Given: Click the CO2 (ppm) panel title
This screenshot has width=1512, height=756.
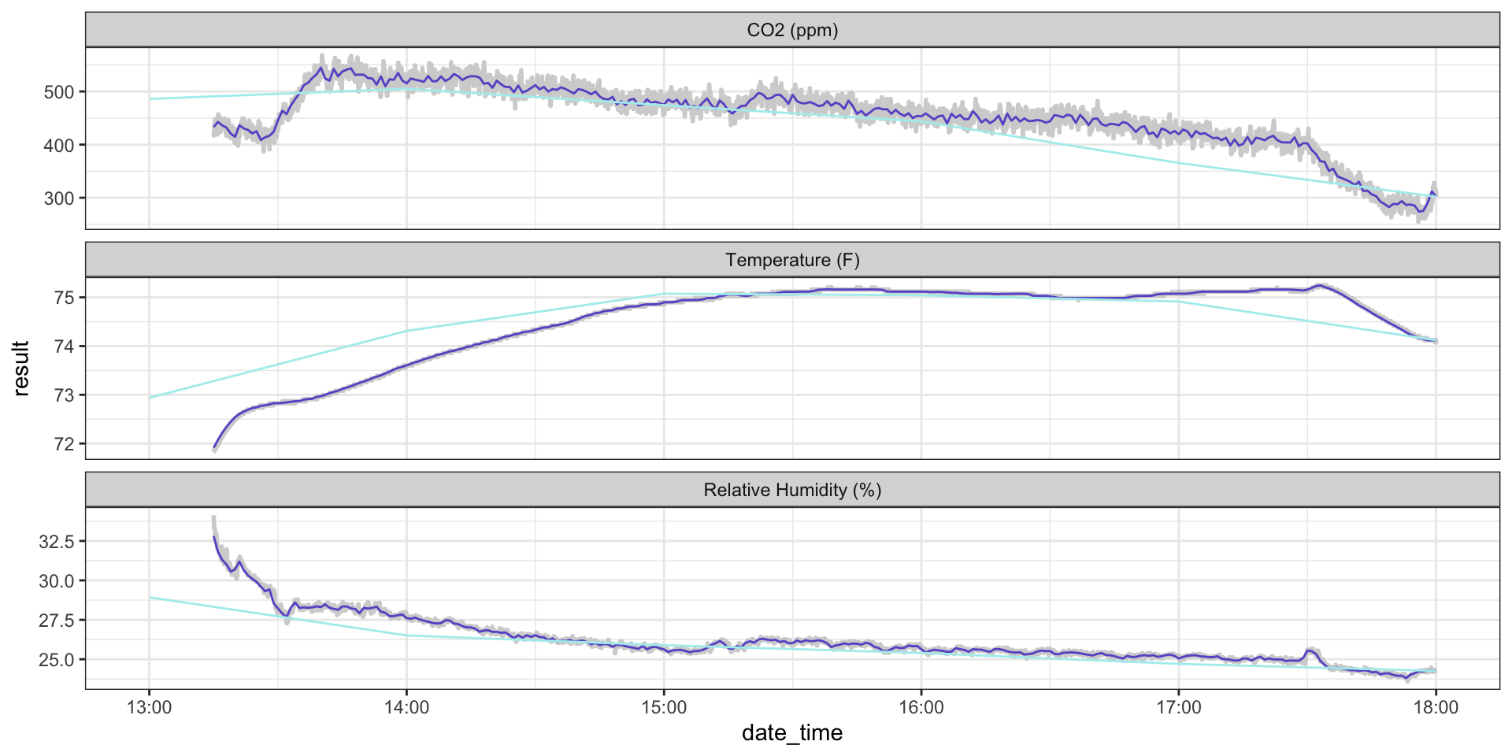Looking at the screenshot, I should click(792, 30).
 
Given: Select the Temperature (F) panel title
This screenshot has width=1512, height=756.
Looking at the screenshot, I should click(792, 260).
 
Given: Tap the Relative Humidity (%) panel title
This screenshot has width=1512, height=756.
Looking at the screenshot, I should click(792, 490).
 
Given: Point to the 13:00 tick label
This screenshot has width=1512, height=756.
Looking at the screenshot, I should click(150, 707).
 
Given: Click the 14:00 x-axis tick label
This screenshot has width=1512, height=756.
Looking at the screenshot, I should click(406, 707).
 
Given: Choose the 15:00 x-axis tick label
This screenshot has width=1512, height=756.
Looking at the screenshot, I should click(664, 707).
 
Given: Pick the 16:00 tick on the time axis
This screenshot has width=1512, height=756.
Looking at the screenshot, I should click(921, 707).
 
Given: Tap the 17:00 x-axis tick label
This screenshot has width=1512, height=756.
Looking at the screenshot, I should click(1179, 707).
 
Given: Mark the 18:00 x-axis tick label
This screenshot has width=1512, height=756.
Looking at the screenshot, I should click(1436, 707).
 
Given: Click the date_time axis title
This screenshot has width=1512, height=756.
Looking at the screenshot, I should click(792, 733).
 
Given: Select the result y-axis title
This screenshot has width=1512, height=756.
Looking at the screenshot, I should click(21, 368).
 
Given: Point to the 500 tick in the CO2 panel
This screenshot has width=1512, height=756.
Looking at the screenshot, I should click(59, 92).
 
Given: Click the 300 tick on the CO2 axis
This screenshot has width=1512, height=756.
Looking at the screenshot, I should click(59, 198).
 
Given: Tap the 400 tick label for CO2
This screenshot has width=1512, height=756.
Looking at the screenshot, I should click(59, 146).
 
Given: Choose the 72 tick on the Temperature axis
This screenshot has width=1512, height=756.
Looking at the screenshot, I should click(64, 444).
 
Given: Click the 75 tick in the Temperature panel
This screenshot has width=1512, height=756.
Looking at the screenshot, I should click(64, 298).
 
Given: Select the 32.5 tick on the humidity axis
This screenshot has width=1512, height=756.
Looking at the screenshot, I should click(56, 542).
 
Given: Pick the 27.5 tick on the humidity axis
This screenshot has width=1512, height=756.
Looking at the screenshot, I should click(56, 621).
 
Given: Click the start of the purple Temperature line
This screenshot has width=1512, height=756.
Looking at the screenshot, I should click(214, 448).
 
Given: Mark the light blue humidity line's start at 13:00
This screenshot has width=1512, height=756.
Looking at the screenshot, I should click(150, 597).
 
